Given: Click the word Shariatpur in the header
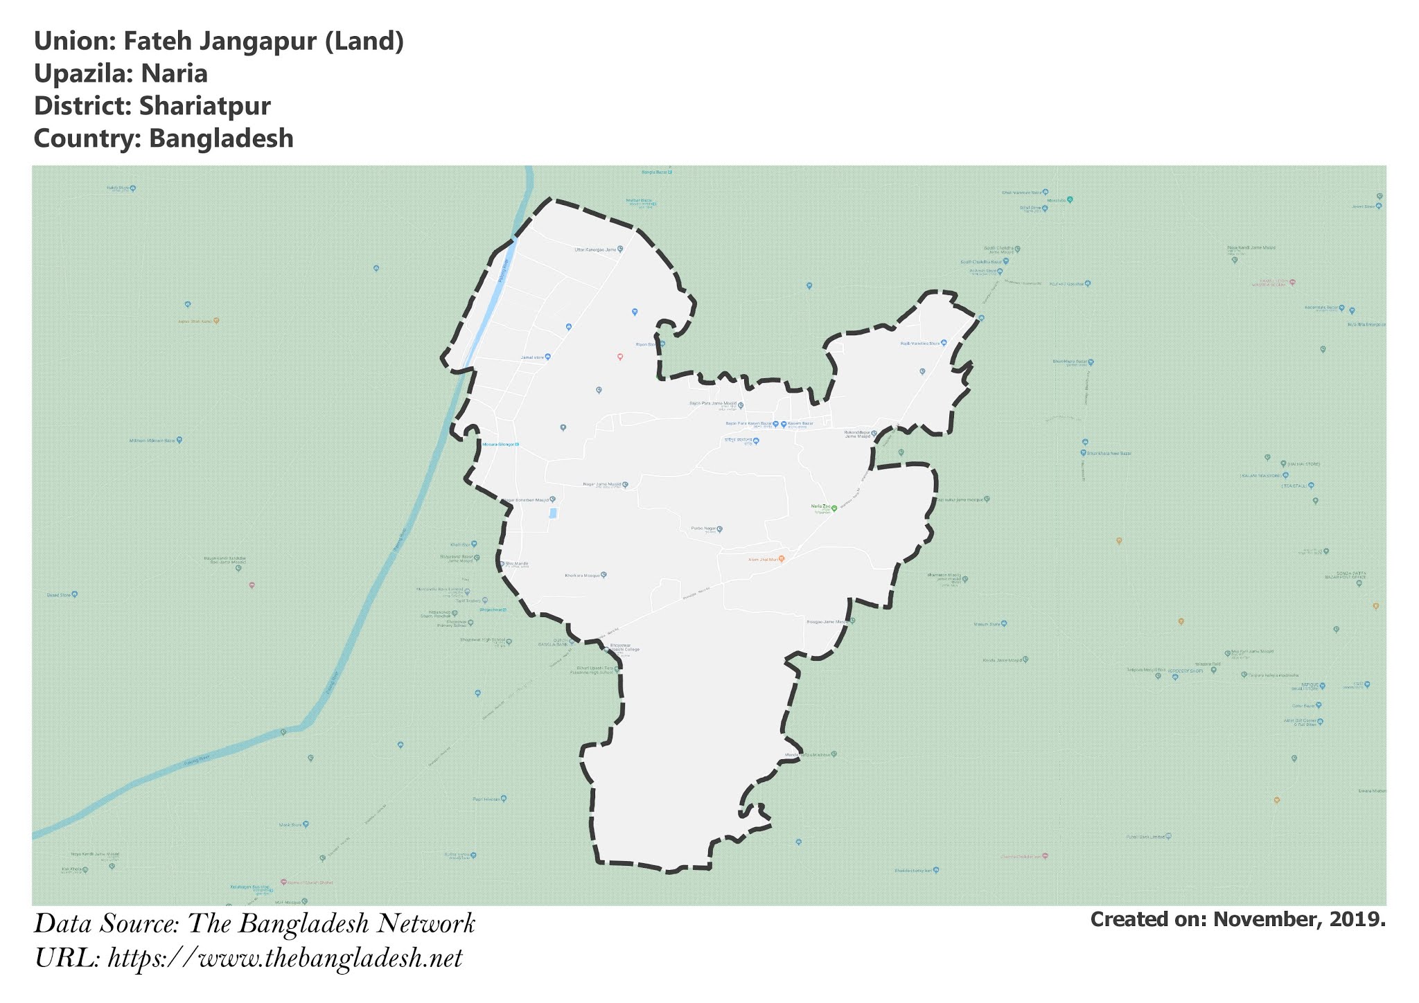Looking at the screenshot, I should click(x=204, y=106).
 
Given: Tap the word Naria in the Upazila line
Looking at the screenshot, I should click(x=174, y=73).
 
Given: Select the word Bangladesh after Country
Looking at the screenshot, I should click(x=221, y=139).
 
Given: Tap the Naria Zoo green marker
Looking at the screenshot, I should click(x=834, y=508).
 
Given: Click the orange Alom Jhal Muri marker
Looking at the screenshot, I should click(x=782, y=558).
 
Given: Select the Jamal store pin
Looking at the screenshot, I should click(x=547, y=357).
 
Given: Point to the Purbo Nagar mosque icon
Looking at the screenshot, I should click(x=719, y=529).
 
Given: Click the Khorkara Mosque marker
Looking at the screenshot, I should click(x=603, y=575).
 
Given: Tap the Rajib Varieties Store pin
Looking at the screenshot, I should click(x=944, y=343).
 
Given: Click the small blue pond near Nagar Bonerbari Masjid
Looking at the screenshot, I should click(x=552, y=513).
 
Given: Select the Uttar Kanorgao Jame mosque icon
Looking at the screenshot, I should click(x=620, y=249).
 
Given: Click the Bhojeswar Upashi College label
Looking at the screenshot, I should click(x=624, y=650).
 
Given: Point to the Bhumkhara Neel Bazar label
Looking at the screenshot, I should click(x=1109, y=453).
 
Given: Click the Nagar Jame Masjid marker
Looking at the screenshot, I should click(x=625, y=485).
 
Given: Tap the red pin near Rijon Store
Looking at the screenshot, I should click(x=620, y=357).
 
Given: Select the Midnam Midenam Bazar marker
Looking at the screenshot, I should click(x=179, y=440).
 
